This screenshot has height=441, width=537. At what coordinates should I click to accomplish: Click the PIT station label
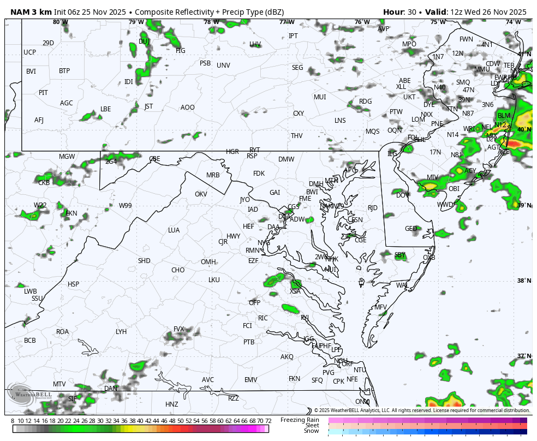pos(43,93)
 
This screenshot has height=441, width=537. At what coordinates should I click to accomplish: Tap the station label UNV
pos(223,65)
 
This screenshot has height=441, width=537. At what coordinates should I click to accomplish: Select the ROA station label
pos(62,332)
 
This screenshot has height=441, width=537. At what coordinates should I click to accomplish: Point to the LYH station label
pos(121,332)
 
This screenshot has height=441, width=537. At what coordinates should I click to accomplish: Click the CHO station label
pos(178,270)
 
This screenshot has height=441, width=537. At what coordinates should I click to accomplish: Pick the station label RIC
pos(263,318)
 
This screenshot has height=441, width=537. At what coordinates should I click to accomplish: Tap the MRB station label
pos(213,175)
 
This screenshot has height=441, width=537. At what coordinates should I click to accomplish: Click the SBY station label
pos(400,255)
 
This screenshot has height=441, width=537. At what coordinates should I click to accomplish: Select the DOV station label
pos(402,195)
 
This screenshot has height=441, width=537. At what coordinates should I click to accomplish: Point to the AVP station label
pos(384,29)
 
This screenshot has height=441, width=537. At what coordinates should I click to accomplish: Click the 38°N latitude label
pos(524,281)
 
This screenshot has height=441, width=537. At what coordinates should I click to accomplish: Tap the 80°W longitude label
pos(61,22)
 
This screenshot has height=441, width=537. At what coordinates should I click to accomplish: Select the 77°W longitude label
pos(287,22)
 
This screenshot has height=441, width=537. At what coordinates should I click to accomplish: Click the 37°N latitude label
pos(524,356)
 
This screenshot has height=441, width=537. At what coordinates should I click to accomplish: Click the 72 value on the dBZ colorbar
pos(268,421)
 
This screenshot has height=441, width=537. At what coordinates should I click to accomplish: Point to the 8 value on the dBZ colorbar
pos(13,421)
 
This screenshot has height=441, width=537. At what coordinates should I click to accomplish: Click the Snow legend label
pos(311,431)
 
